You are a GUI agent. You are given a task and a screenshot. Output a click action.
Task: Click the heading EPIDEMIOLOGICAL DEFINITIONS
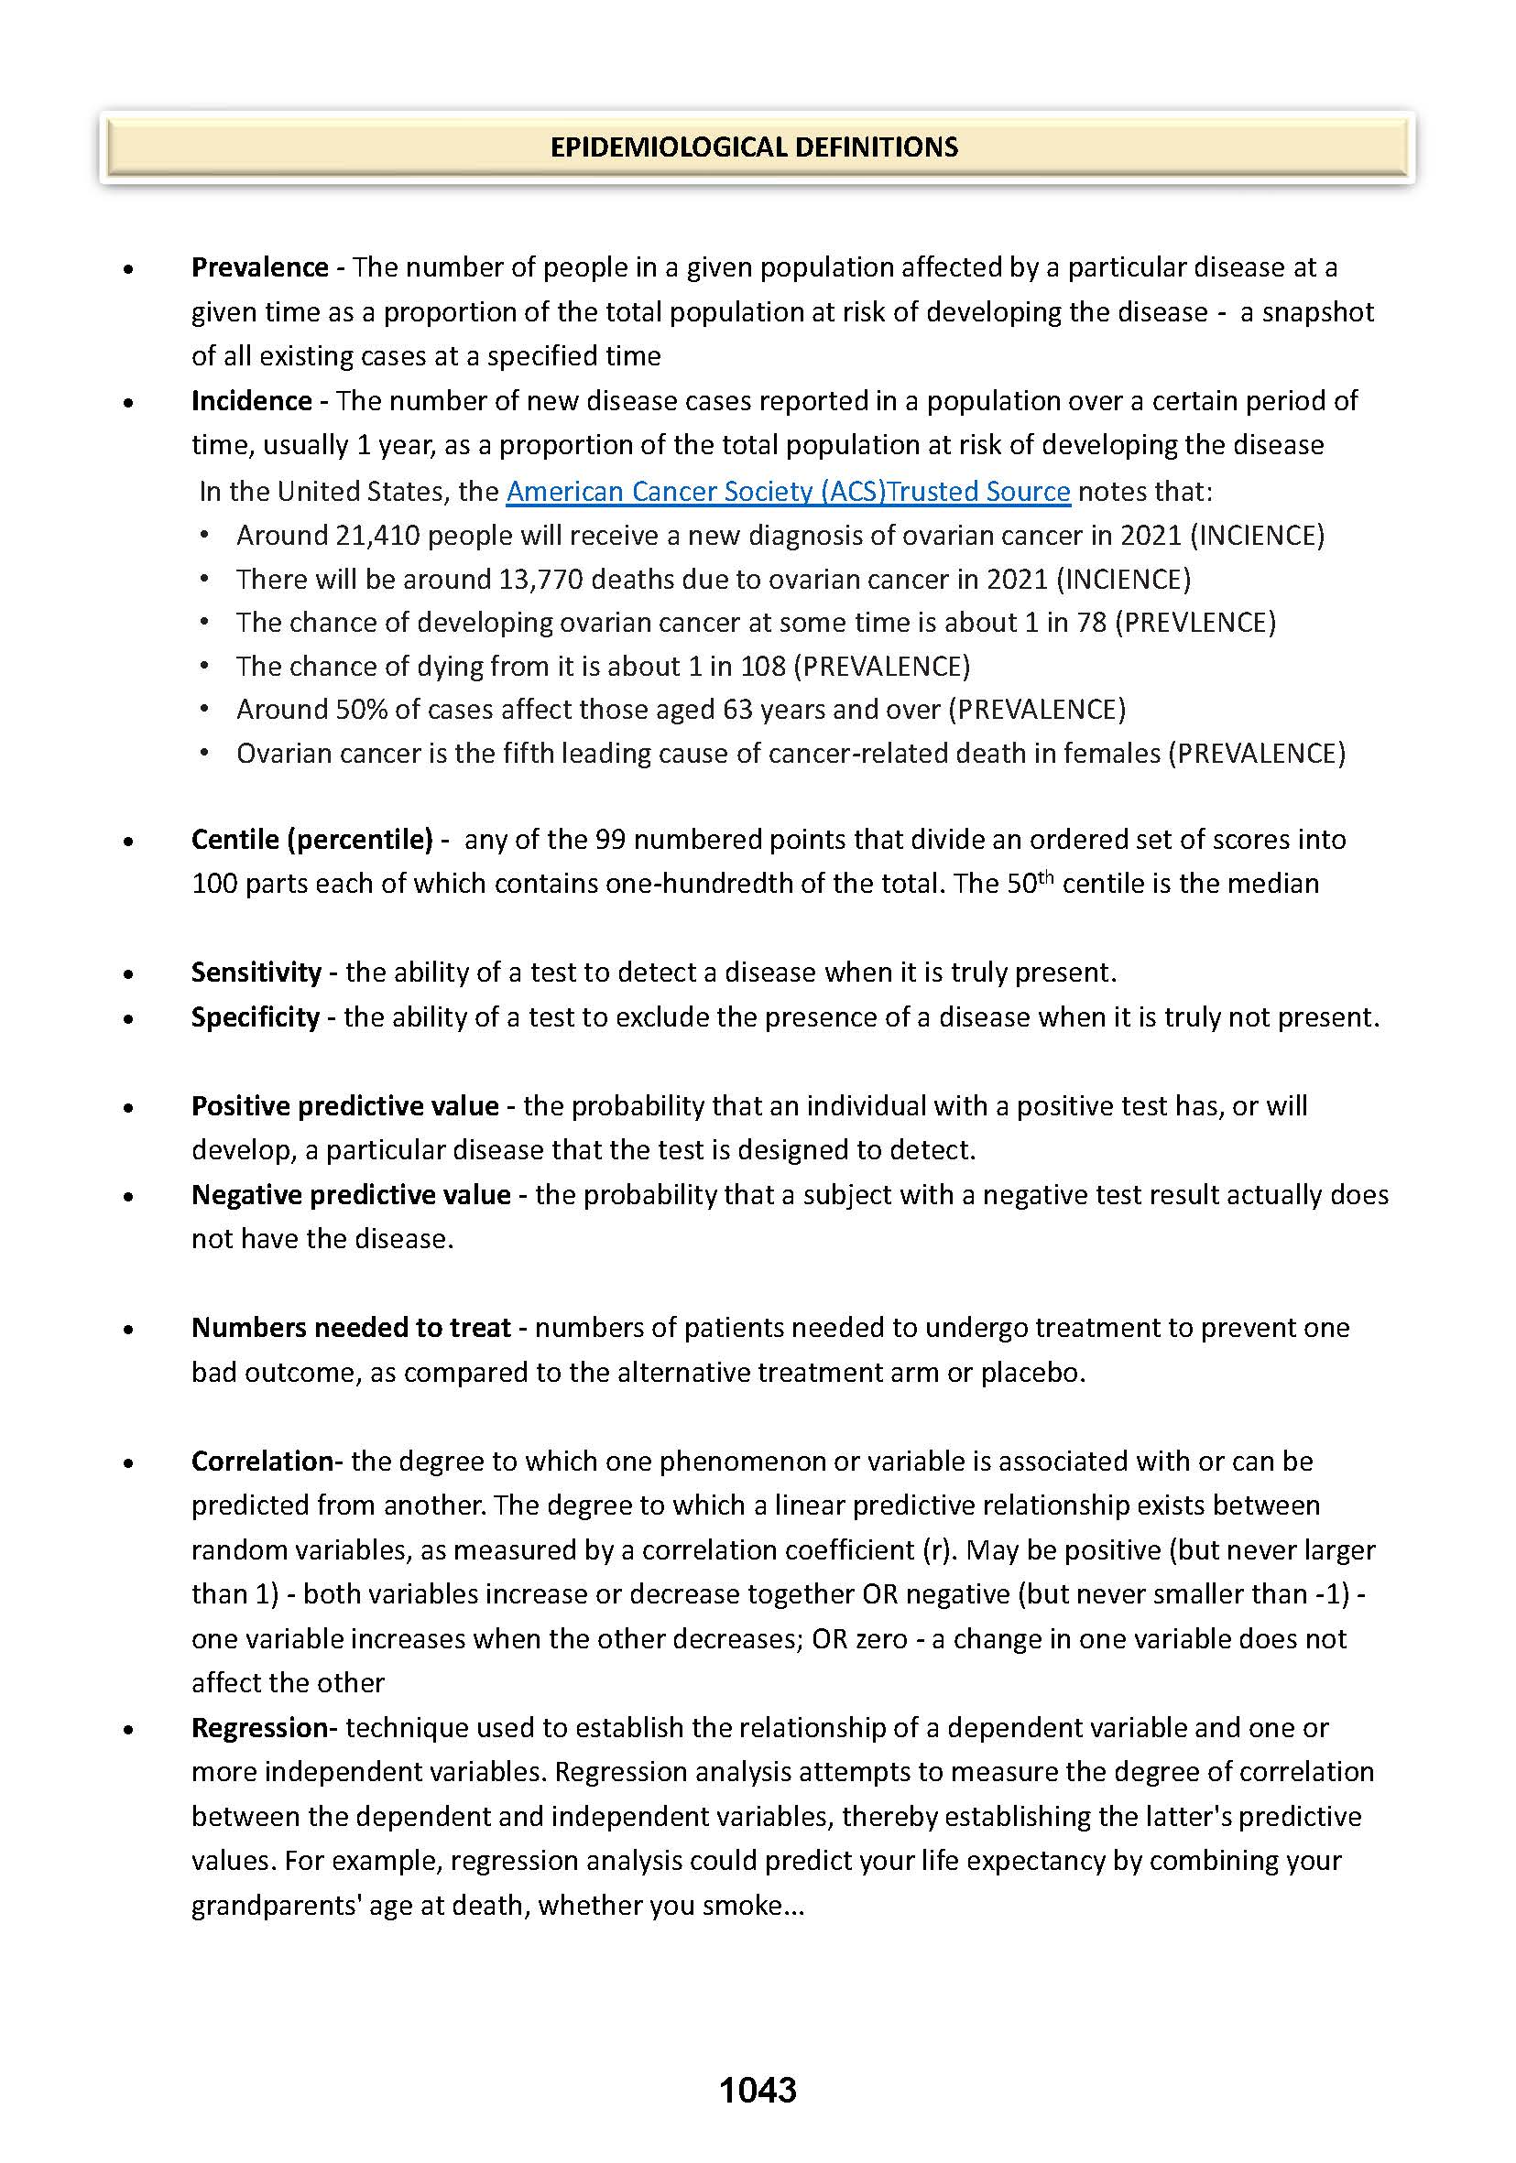click(x=754, y=147)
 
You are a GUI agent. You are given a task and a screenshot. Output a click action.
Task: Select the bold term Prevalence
click(x=259, y=267)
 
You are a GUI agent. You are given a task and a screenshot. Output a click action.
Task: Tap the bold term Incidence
click(x=252, y=401)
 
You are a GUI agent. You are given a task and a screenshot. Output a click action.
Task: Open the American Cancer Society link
click(x=788, y=492)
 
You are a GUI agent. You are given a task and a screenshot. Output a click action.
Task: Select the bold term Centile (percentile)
click(x=311, y=840)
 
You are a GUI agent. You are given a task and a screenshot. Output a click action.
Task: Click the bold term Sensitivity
click(x=256, y=973)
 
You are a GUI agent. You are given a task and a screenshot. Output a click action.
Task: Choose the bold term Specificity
click(x=256, y=1017)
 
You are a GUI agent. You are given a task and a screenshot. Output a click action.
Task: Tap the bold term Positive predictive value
click(x=344, y=1106)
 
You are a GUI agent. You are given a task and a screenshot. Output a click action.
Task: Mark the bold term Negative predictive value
click(x=351, y=1195)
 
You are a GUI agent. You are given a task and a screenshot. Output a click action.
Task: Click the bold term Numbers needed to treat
click(x=351, y=1329)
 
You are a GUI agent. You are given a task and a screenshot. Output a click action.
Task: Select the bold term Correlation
click(x=262, y=1462)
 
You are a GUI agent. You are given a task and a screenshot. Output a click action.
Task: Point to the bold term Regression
click(x=259, y=1728)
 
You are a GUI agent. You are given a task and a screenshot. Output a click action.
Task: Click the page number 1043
click(x=758, y=2091)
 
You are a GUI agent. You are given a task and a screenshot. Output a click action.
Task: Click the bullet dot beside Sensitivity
click(x=128, y=975)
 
